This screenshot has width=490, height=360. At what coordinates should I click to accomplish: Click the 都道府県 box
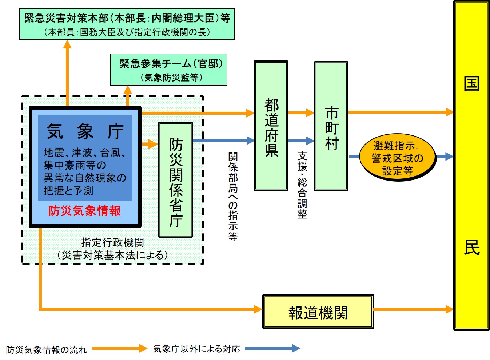click(271, 126)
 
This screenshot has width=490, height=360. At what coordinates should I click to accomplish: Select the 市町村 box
click(331, 126)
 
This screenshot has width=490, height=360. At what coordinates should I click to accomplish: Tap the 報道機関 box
click(318, 312)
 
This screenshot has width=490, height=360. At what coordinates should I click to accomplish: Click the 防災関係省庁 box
click(175, 180)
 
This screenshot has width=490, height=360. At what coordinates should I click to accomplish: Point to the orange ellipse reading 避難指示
click(397, 158)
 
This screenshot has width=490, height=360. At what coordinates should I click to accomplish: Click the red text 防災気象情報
click(84, 211)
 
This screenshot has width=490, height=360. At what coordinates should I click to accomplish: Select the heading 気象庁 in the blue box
click(85, 131)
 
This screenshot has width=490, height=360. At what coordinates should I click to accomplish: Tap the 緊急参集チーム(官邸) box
click(168, 70)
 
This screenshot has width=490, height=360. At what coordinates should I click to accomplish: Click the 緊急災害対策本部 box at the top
click(127, 24)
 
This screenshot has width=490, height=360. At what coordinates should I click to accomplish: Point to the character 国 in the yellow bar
click(471, 84)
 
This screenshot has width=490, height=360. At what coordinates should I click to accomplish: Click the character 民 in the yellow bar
click(471, 248)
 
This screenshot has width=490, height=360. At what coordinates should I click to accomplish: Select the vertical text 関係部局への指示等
click(233, 196)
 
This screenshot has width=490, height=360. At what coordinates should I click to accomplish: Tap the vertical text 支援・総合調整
click(302, 185)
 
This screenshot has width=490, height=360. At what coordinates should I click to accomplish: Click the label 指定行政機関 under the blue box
click(112, 242)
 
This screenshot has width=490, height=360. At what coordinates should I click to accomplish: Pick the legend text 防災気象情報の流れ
click(47, 350)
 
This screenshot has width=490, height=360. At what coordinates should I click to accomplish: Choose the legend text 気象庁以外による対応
click(196, 349)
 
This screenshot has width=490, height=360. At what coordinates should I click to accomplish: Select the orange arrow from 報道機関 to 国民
click(413, 309)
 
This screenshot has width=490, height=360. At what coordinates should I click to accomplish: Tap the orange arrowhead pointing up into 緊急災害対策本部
click(67, 44)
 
